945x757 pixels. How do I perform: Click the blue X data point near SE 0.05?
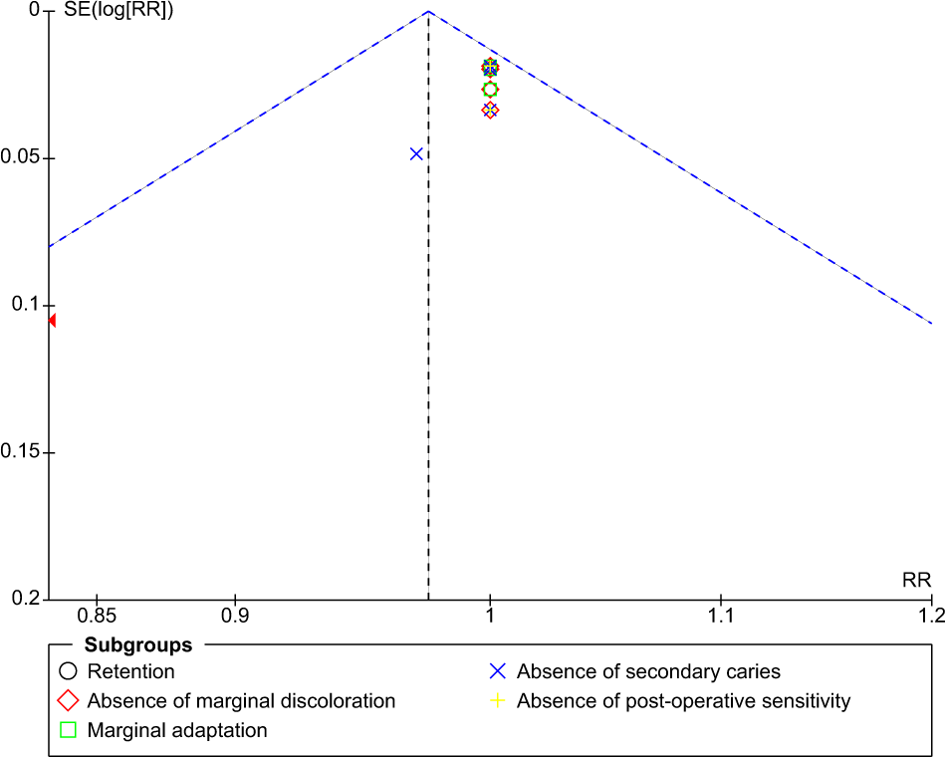tap(416, 153)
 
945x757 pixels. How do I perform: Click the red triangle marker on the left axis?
tap(52, 320)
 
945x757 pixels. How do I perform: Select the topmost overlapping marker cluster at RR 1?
tap(490, 68)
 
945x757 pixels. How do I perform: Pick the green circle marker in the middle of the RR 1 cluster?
tap(490, 90)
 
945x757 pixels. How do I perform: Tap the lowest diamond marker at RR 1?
tap(490, 111)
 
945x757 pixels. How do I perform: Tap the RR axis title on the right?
tap(916, 580)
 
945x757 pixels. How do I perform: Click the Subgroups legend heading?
tap(137, 646)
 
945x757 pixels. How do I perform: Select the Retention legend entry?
tap(130, 671)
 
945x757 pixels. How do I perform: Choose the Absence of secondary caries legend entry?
tap(647, 671)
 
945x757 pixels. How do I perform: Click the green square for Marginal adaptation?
tap(69, 730)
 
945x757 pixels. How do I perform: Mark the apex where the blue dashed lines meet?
tap(428, 11)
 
